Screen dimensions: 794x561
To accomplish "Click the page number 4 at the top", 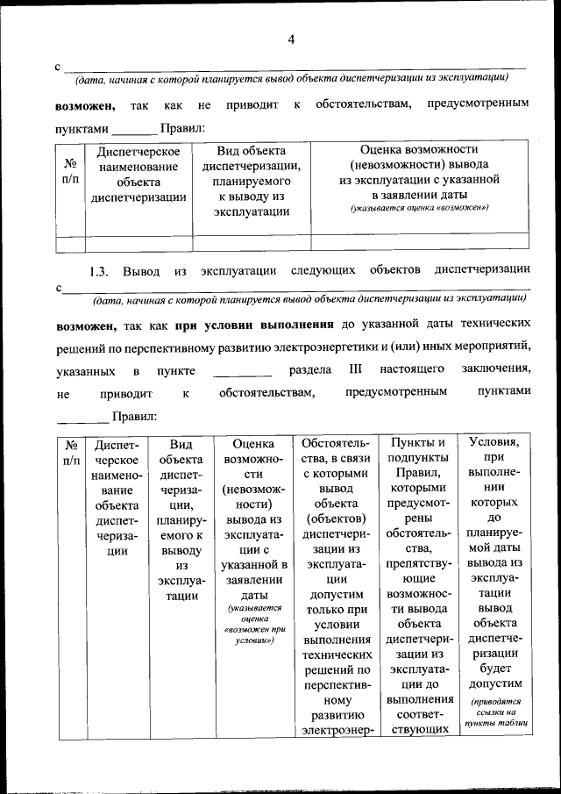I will pyautogui.click(x=291, y=39).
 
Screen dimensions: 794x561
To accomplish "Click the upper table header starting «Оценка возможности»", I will pyautogui.click(x=419, y=171).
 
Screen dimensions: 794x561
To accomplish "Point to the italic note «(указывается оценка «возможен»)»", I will pyautogui.click(x=419, y=208).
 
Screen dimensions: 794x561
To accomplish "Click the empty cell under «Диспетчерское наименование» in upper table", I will pyautogui.click(x=139, y=242).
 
